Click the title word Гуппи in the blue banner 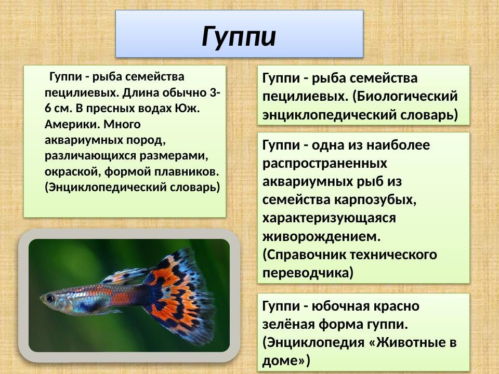[x=239, y=36]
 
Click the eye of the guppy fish [x=50, y=299]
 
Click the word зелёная [x=288, y=325]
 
